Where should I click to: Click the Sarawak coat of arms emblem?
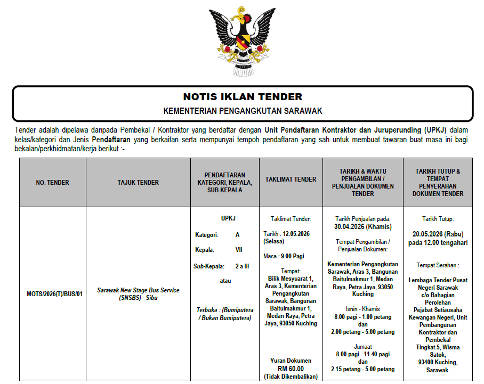point(242,42)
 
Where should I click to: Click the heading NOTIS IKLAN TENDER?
point(243,97)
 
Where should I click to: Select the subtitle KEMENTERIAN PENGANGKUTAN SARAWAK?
point(243,111)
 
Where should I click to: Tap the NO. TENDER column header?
point(52,183)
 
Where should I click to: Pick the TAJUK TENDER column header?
point(138,183)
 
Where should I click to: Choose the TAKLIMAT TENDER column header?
point(291,179)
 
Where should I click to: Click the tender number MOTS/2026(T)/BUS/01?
point(52,293)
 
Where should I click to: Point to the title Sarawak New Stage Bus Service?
point(138,290)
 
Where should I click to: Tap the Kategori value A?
point(237,234)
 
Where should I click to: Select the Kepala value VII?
point(238,250)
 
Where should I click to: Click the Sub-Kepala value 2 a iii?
point(243,266)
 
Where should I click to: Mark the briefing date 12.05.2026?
point(296,233)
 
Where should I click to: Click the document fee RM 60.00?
point(291,368)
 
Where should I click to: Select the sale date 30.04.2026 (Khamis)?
point(362,226)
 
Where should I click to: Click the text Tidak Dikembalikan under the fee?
point(291,377)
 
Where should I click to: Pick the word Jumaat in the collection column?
point(362,346)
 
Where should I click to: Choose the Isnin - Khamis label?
point(362,309)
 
